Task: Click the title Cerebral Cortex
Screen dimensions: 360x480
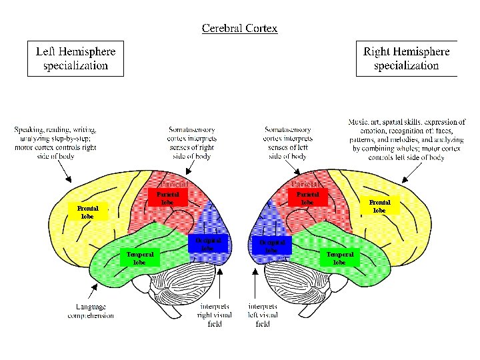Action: pyautogui.click(x=239, y=28)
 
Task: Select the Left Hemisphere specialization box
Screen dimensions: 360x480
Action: pyautogui.click(x=75, y=58)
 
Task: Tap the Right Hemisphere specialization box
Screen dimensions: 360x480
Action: pyautogui.click(x=407, y=58)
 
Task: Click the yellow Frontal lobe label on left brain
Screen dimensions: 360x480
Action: pyautogui.click(x=87, y=212)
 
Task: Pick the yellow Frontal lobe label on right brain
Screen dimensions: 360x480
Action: pyautogui.click(x=379, y=206)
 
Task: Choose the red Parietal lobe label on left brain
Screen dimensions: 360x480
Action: pyautogui.click(x=167, y=198)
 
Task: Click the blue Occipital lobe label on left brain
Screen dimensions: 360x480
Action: pyautogui.click(x=208, y=243)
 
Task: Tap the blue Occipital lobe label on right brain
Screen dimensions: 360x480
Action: pyautogui.click(x=271, y=246)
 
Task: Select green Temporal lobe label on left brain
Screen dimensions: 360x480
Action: pyautogui.click(x=140, y=258)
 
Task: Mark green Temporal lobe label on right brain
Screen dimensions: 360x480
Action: pyautogui.click(x=339, y=258)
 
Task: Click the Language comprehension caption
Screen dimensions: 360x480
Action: pyautogui.click(x=91, y=311)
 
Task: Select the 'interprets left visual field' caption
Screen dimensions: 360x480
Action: pyautogui.click(x=262, y=315)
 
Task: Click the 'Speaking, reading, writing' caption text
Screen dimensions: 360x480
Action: pyautogui.click(x=56, y=143)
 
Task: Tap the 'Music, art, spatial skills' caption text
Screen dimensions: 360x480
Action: pyautogui.click(x=407, y=140)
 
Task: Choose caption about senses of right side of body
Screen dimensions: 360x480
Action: pyautogui.click(x=192, y=143)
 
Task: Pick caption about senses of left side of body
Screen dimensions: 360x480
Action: pyautogui.click(x=287, y=143)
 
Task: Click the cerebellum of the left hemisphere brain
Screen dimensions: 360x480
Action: pyautogui.click(x=180, y=280)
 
